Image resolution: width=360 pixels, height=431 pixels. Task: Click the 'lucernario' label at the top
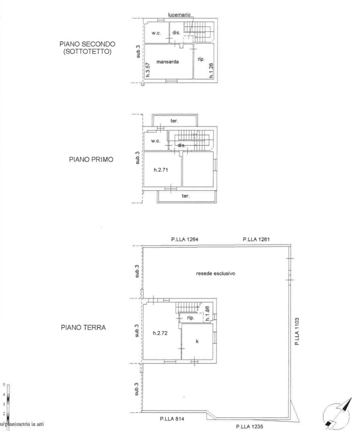179,15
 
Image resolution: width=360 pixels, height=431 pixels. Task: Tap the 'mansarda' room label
167,62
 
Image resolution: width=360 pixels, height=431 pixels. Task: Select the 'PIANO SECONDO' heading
87,44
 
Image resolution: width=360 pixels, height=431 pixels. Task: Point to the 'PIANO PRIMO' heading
91,160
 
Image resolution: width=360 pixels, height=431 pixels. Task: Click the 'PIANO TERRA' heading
83,328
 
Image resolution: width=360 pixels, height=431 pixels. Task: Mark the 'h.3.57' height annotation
148,69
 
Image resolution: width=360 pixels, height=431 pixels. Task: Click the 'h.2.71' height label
161,170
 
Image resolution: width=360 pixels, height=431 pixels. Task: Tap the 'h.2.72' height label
160,333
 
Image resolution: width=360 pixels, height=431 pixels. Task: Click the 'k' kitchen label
197,341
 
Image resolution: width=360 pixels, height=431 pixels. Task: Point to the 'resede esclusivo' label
215,273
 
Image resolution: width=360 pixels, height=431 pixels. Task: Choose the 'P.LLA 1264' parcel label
185,239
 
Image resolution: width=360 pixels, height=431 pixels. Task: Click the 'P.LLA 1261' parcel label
256,239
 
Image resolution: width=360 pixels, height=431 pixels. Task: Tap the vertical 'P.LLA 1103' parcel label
297,331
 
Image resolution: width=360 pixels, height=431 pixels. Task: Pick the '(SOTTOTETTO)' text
87,52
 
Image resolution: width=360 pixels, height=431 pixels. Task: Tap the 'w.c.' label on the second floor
156,33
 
